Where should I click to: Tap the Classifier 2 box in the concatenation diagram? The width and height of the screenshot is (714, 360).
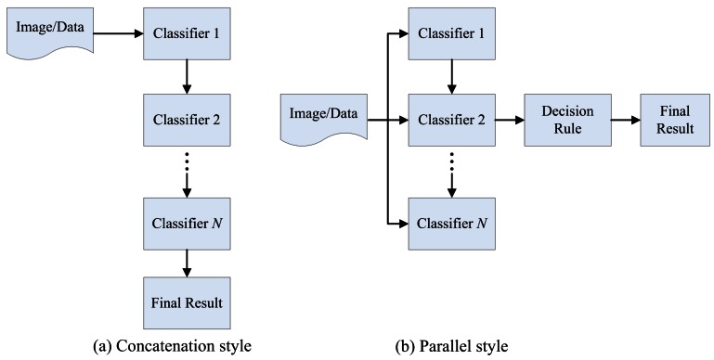click(187, 121)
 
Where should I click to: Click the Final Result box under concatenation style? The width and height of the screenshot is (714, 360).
click(187, 302)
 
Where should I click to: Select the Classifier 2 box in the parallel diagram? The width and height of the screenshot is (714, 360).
click(451, 121)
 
